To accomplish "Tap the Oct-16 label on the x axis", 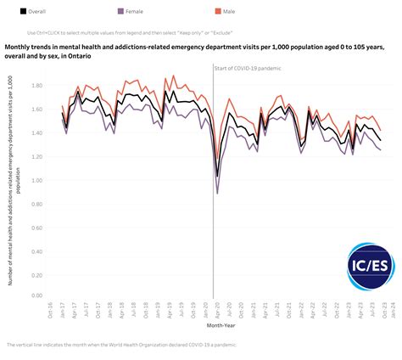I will click(x=52, y=310).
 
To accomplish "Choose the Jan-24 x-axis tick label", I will click(x=390, y=310).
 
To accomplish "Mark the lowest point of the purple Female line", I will click(x=218, y=194).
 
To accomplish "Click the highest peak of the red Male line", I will click(x=174, y=76).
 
